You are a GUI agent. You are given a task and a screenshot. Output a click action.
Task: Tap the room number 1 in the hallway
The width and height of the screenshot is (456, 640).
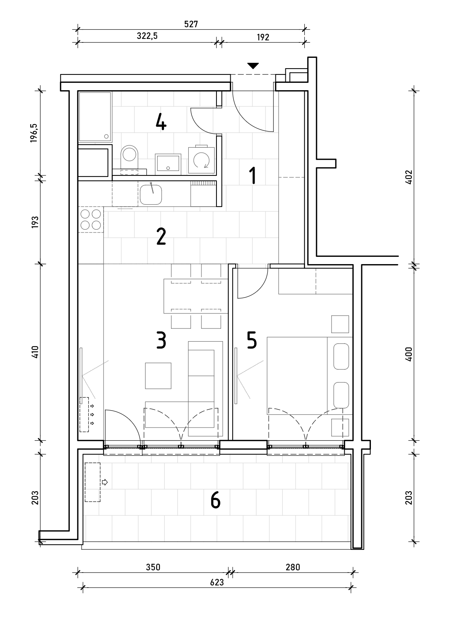(x=253, y=175)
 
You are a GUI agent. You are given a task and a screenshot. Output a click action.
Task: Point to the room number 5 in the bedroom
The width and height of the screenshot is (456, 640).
(x=251, y=340)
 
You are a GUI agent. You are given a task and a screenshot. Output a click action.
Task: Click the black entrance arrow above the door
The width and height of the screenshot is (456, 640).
(x=253, y=66)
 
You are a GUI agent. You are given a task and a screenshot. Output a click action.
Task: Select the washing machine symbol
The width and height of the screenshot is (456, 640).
(x=201, y=160)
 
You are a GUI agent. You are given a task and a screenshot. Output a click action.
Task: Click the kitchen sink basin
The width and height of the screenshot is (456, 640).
(x=151, y=194)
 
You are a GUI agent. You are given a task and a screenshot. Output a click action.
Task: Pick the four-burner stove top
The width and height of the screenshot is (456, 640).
(x=91, y=219)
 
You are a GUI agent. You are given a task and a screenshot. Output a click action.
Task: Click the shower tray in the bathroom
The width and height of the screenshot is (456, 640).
(x=95, y=117)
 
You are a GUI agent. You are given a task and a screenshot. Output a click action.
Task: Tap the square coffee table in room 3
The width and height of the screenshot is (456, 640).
(x=158, y=376)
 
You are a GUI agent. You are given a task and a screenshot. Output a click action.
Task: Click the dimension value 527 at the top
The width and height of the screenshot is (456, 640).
(x=191, y=24)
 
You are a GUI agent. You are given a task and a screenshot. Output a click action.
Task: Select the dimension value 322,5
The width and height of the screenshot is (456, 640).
(x=147, y=36)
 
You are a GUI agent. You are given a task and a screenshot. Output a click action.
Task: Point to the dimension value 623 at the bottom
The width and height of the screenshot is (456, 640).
(x=217, y=582)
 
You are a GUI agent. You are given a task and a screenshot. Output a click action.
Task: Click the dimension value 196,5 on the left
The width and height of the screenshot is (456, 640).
(x=34, y=133)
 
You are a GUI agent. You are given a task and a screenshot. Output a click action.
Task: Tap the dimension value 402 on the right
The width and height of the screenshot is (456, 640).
(x=409, y=177)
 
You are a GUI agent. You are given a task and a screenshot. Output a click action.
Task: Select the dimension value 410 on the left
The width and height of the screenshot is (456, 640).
(x=35, y=352)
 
